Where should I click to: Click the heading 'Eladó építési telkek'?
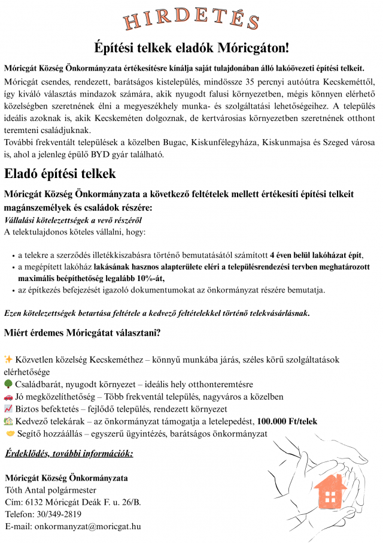[x=60, y=174]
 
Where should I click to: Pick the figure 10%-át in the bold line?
[x=150, y=278]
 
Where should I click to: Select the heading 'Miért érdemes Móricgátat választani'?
[x=81, y=333]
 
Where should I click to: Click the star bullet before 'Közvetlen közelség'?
[x=8, y=358]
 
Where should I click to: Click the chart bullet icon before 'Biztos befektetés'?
[x=8, y=409]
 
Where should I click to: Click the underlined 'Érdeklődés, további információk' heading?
[x=67, y=454]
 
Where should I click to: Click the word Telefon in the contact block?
[x=19, y=514]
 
